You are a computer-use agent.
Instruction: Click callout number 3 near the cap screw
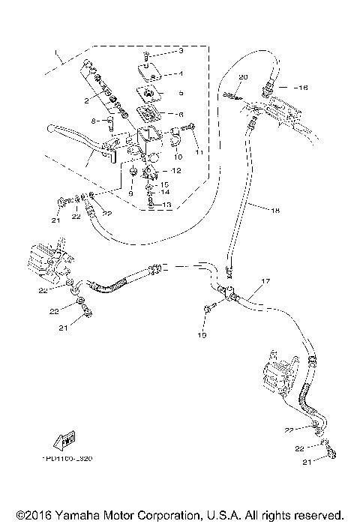coord(181,51)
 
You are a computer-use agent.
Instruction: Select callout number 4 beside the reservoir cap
coord(181,73)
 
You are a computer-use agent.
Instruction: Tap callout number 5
coord(181,94)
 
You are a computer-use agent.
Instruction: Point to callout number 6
coord(181,114)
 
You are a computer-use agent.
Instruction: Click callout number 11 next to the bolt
coord(199,151)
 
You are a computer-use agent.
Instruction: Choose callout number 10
coord(178,157)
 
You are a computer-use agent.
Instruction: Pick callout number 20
coord(242,77)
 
